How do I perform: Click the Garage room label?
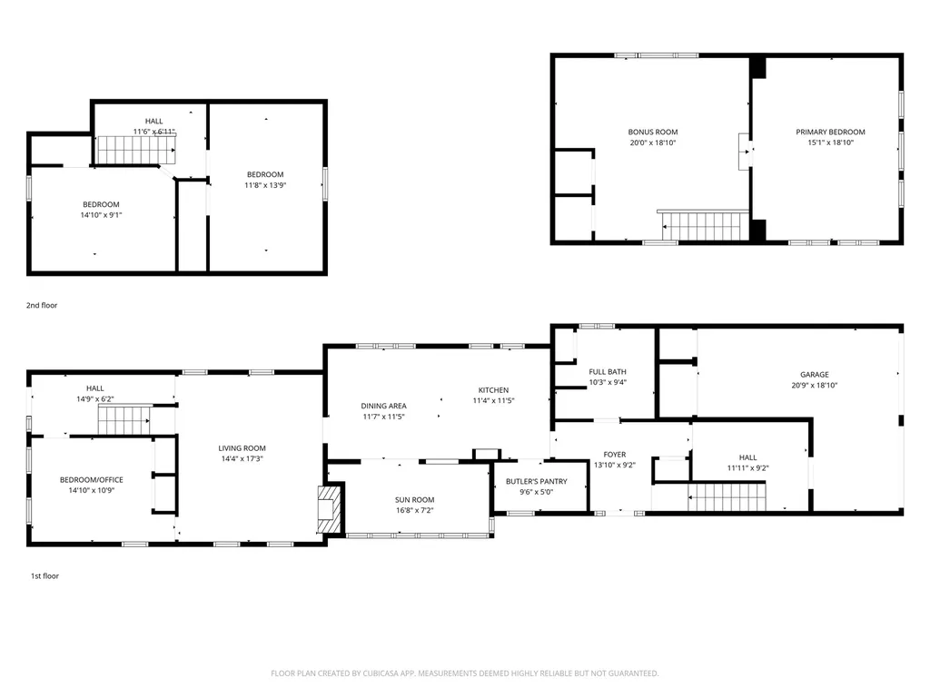click(x=815, y=375)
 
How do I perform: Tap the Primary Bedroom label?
click(x=830, y=133)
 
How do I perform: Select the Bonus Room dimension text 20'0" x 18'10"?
click(x=653, y=142)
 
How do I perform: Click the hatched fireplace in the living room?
click(x=329, y=510)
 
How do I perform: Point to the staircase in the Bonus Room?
click(x=705, y=226)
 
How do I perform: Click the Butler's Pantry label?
click(x=537, y=481)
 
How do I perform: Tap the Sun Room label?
click(x=414, y=500)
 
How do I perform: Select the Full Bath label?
click(x=608, y=371)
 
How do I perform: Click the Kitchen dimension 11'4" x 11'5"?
click(x=493, y=400)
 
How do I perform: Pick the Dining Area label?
click(x=384, y=406)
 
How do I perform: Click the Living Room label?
click(x=242, y=448)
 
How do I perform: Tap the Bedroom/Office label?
click(x=92, y=480)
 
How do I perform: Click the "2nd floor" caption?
click(x=42, y=305)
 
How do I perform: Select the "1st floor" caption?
click(x=45, y=575)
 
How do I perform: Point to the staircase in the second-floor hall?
click(x=137, y=150)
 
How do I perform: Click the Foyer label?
click(x=615, y=455)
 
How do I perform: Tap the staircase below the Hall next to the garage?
click(x=727, y=496)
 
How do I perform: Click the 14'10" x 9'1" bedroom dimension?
click(x=101, y=215)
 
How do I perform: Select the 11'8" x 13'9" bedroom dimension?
click(x=265, y=185)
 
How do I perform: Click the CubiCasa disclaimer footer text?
click(x=464, y=673)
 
